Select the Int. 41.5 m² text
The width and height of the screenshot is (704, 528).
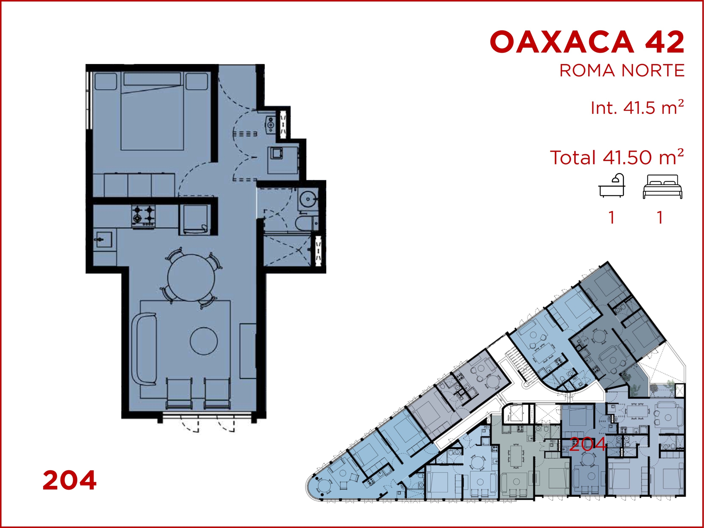click(x=637, y=107)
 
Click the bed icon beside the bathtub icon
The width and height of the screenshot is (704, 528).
click(x=662, y=187)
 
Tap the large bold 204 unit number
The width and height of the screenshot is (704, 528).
click(x=69, y=480)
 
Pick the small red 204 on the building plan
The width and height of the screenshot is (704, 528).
click(x=587, y=444)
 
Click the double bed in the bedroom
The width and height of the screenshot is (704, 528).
click(x=152, y=111)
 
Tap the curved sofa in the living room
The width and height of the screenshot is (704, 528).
click(x=144, y=349)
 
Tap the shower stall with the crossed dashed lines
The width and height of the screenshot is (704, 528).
click(x=287, y=250)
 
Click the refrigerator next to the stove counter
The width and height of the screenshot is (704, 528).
click(x=194, y=219)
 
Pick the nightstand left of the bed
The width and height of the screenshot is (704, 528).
click(x=106, y=81)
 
